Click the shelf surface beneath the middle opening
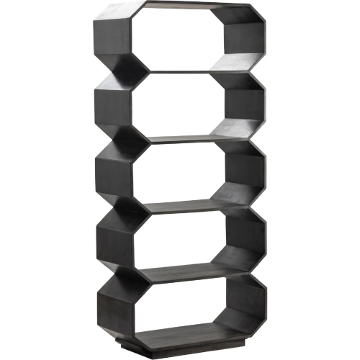click(x=180, y=204)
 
